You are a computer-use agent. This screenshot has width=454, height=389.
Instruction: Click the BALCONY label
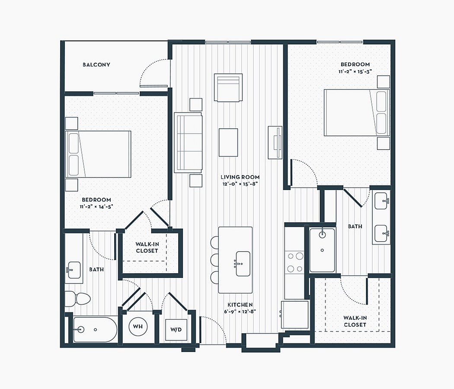click(x=96, y=64)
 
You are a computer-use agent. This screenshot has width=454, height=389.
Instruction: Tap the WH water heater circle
click(x=138, y=326)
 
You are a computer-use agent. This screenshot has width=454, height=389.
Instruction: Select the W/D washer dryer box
click(x=176, y=330)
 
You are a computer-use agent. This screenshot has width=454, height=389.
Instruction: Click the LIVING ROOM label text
click(x=240, y=177)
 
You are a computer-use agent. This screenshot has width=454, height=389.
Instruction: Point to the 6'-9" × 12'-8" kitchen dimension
click(x=240, y=312)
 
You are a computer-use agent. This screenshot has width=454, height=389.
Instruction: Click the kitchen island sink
click(x=243, y=264)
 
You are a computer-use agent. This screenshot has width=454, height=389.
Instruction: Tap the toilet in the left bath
click(x=77, y=299)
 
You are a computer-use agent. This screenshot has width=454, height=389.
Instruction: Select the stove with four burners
click(x=294, y=262)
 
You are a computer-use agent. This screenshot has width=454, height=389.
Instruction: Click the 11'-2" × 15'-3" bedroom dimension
click(x=355, y=71)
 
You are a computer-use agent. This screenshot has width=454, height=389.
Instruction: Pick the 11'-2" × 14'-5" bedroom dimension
click(x=96, y=207)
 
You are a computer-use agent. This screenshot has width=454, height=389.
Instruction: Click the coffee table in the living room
click(x=228, y=142)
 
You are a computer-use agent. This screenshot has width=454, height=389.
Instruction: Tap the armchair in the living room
click(x=228, y=87)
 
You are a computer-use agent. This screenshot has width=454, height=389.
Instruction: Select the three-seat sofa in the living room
click(x=188, y=143)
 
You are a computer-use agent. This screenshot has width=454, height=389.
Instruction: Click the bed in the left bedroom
click(x=98, y=154)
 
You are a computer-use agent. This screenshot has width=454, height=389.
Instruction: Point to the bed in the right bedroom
click(x=357, y=112)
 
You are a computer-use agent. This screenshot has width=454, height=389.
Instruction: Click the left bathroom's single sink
click(x=74, y=270)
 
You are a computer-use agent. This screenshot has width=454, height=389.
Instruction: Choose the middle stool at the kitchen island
click(x=214, y=260)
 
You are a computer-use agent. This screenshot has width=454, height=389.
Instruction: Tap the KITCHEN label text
click(x=240, y=305)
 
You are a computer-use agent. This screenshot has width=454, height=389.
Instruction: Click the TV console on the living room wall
click(x=275, y=142)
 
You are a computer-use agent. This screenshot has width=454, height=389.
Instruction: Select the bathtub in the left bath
click(x=95, y=330)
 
